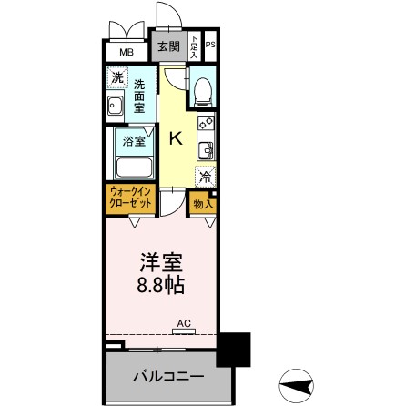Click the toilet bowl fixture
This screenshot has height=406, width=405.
tap(203, 87)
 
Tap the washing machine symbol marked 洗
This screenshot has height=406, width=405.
tap(116, 78)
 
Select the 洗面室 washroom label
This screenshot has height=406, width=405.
tap(139, 95)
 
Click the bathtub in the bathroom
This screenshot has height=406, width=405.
tap(132, 168)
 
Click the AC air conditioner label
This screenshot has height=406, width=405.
tap(183, 322)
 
